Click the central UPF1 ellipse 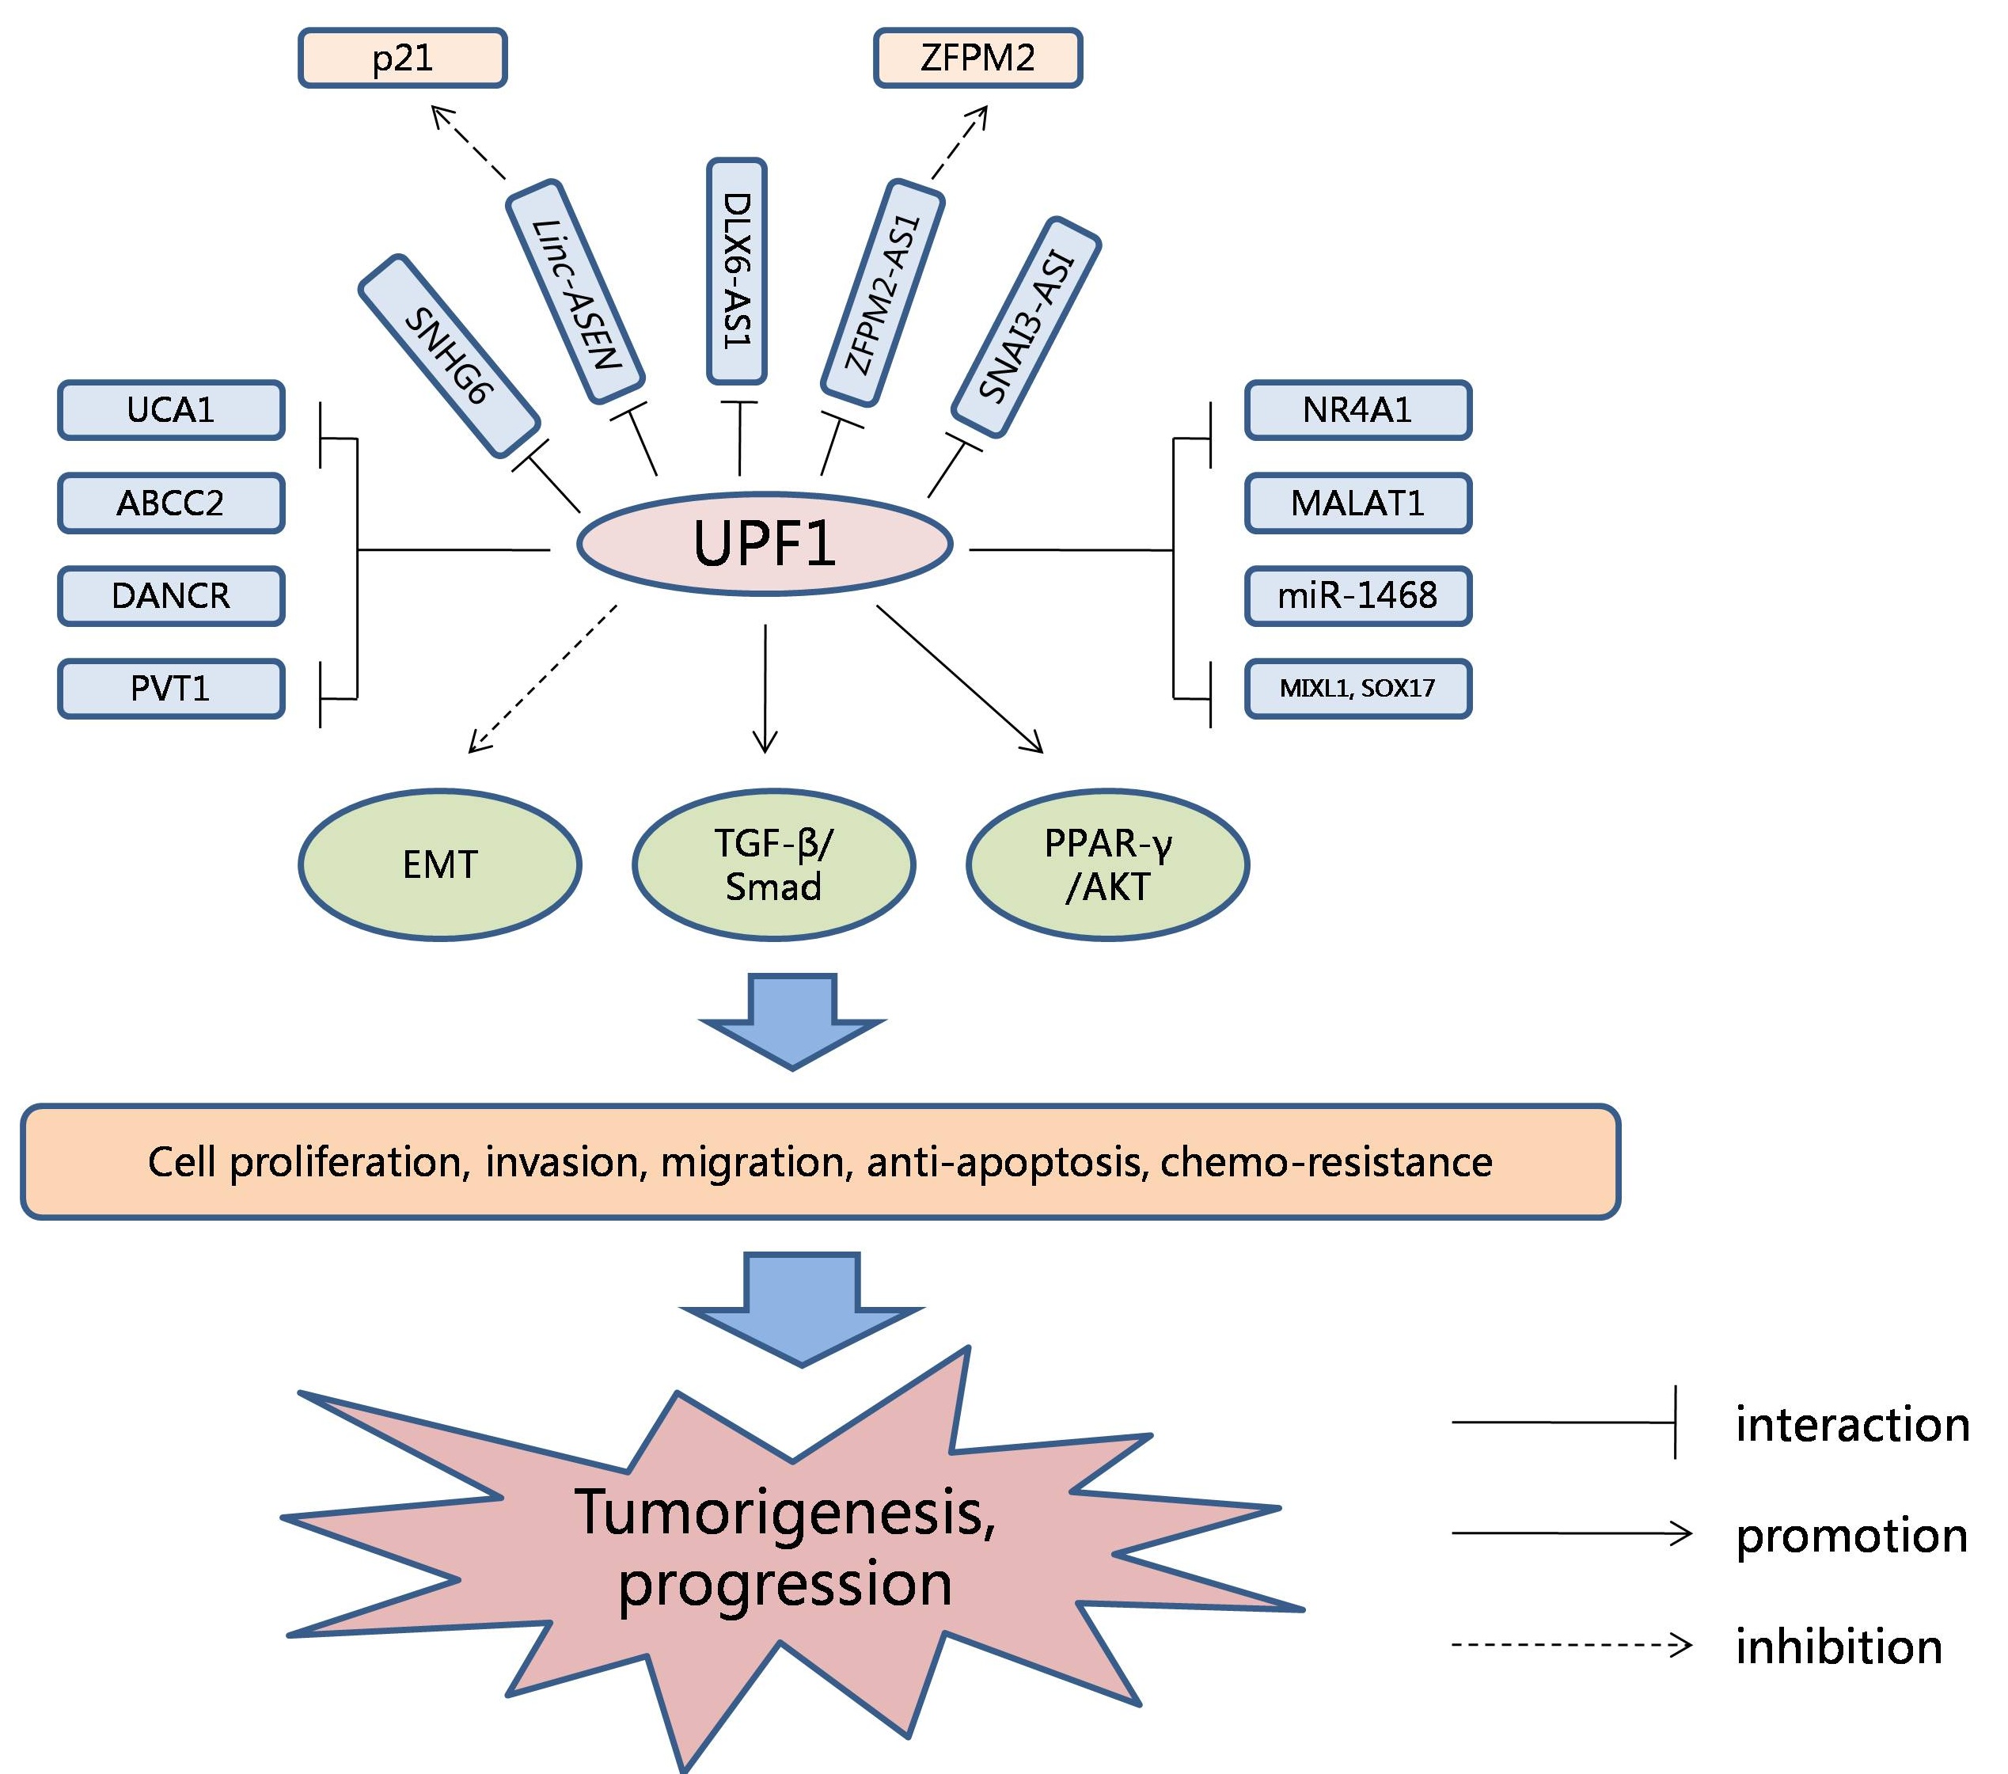tap(765, 543)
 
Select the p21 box tap(403, 58)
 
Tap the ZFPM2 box tap(977, 58)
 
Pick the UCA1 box tap(171, 409)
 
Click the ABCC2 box tap(171, 503)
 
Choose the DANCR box tap(171, 595)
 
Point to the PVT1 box tap(171, 689)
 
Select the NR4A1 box tap(1357, 409)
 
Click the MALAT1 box tap(1357, 503)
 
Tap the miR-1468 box tap(1357, 595)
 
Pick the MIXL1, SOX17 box tap(1357, 689)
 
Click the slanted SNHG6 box tap(449, 356)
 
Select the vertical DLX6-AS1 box tap(737, 271)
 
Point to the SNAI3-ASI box tap(1027, 327)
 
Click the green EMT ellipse tap(439, 864)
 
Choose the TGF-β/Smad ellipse tap(773, 864)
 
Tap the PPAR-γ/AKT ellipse tap(1107, 864)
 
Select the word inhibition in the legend tap(1838, 1647)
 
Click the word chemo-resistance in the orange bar tap(1327, 1162)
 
